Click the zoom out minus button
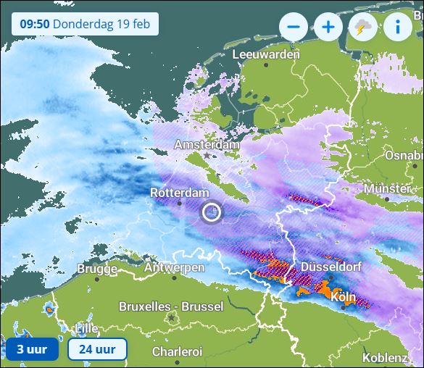tap(294, 28)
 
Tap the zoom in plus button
tap(328, 28)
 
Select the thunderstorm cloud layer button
tap(363, 28)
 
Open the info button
tap(398, 28)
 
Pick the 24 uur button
tap(96, 349)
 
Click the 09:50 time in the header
tap(34, 23)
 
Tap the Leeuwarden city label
tap(266, 54)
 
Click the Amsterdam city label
tap(207, 145)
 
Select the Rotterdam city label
tap(179, 192)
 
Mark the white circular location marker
tap(212, 212)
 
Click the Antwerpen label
tap(174, 267)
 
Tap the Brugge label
tap(96, 269)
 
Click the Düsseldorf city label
tap(331, 266)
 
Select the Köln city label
tap(342, 297)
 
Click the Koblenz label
tap(384, 357)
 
